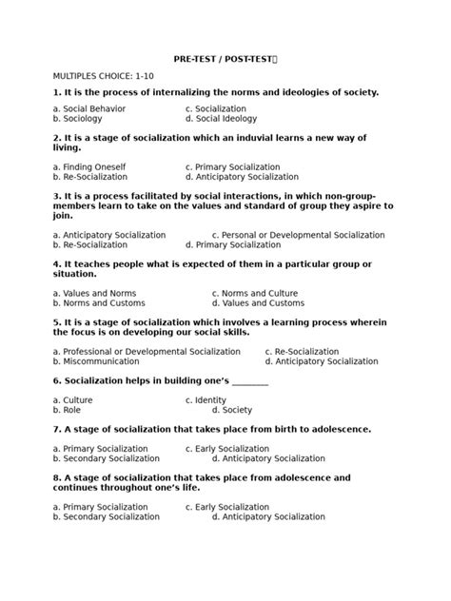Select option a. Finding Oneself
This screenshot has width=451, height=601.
coord(89,166)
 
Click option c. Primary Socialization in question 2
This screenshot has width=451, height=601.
coord(238,166)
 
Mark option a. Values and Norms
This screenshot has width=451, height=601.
coord(94,293)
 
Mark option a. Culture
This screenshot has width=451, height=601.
coord(72,400)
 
